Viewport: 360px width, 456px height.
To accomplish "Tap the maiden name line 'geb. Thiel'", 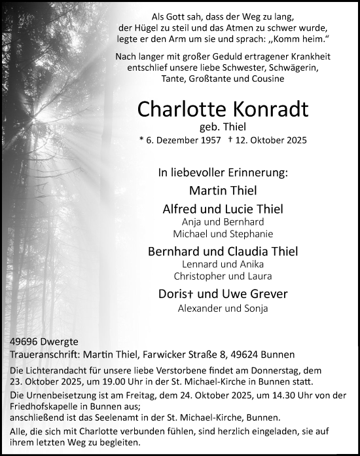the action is (223, 127).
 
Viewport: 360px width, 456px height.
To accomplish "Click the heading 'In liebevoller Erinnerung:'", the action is (223, 173).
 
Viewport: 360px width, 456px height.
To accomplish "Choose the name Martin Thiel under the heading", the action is (223, 191).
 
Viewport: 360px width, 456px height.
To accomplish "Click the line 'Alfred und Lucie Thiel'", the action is (223, 210).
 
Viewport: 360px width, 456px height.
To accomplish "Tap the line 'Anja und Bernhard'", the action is (223, 222).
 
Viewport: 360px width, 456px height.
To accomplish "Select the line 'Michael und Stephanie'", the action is (223, 234).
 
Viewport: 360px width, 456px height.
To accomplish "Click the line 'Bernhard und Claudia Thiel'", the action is (223, 252).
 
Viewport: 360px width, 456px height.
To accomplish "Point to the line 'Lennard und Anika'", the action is (223, 265).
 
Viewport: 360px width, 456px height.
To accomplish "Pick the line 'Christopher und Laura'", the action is (223, 276).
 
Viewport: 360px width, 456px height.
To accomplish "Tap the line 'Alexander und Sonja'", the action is (223, 308).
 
